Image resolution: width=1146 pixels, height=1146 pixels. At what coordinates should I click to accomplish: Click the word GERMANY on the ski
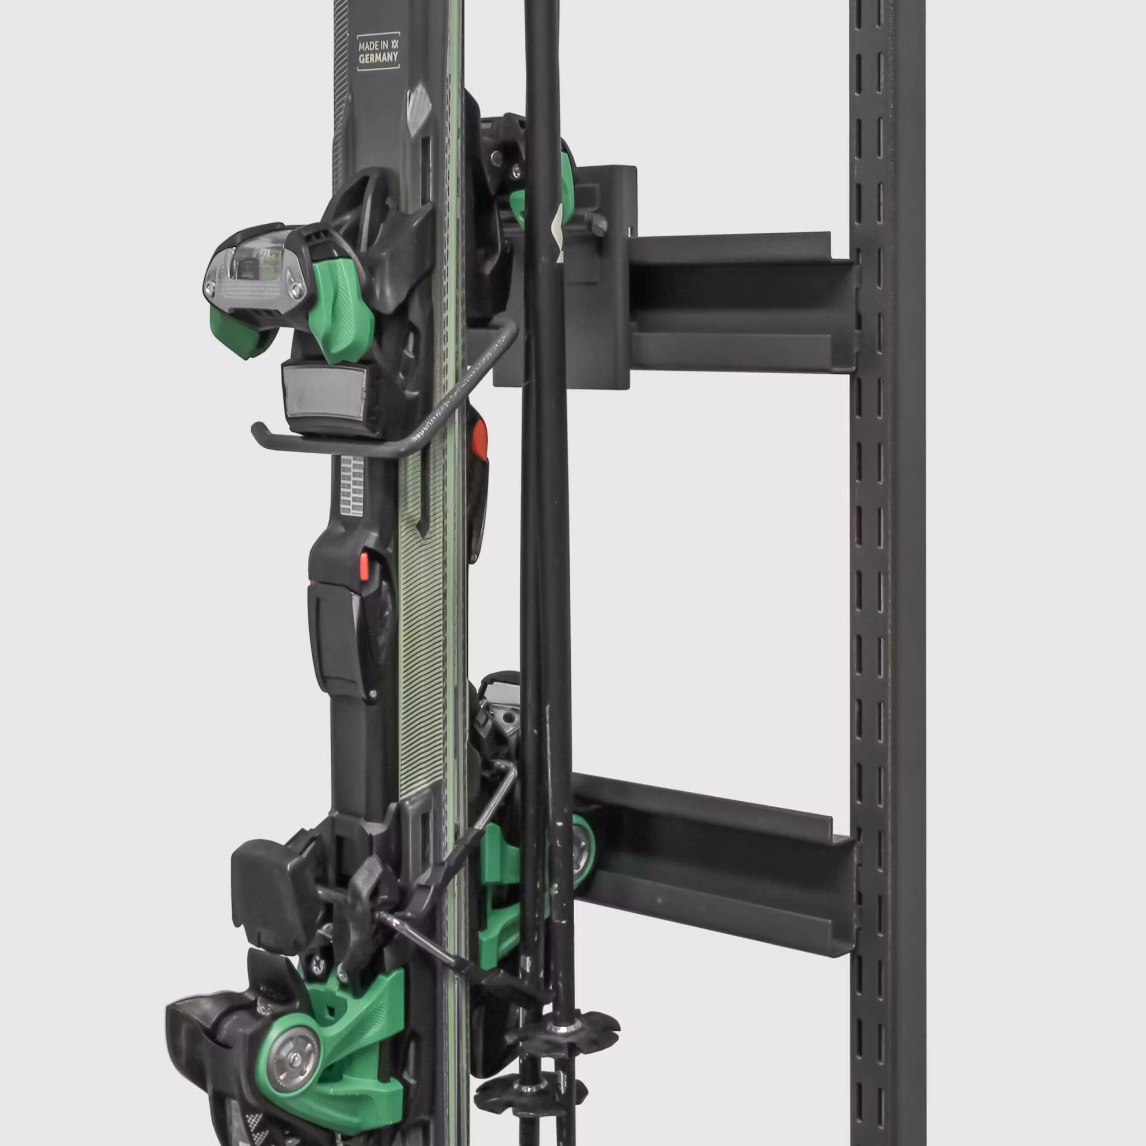coord(378,58)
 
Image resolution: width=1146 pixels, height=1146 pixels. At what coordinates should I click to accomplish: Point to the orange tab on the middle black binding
coord(364,566)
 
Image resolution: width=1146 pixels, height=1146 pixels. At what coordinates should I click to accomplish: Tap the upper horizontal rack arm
coord(741,303)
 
